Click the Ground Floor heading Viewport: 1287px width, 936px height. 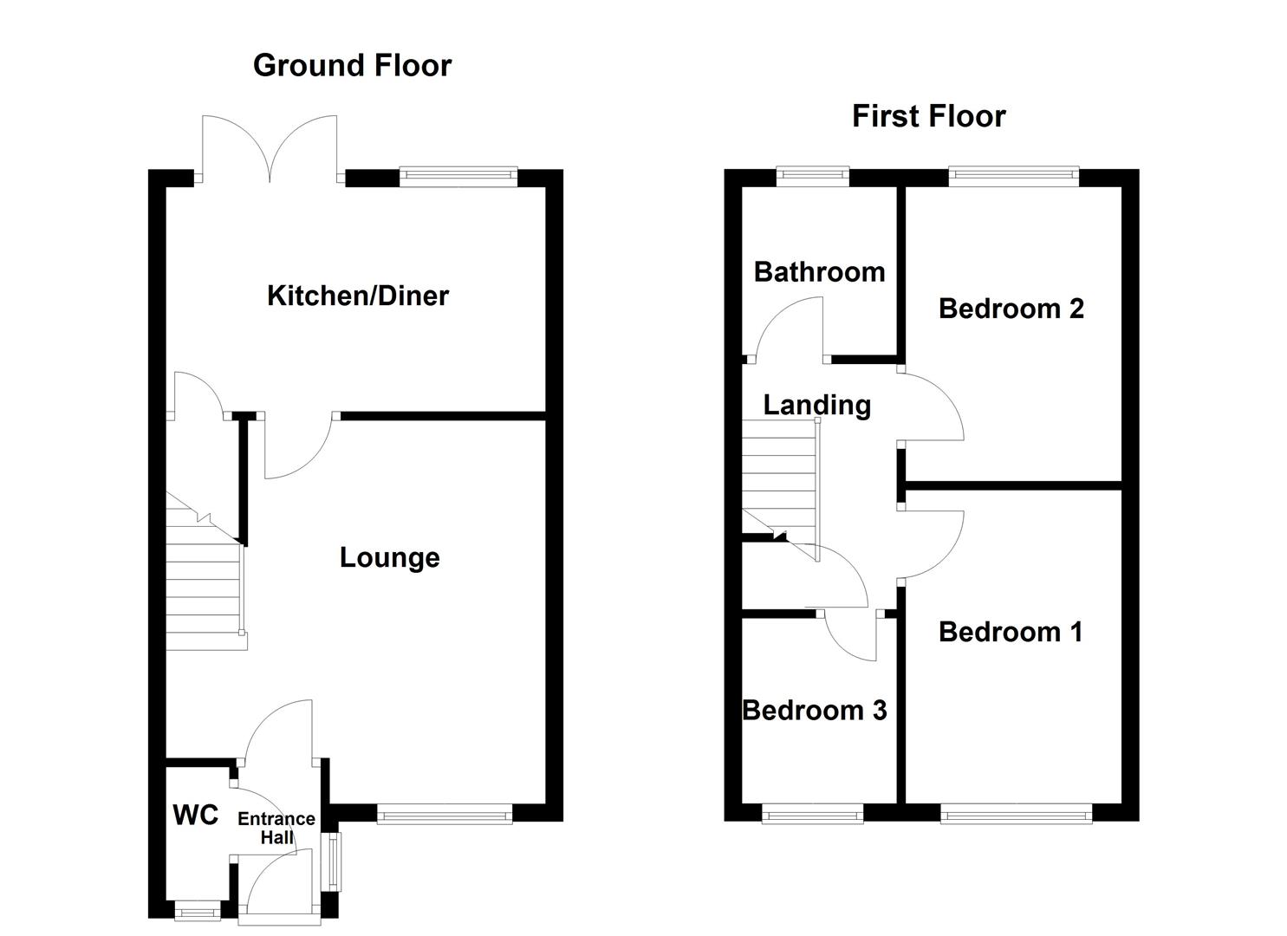352,66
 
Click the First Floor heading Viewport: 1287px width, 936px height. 928,116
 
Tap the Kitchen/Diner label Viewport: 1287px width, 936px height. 358,296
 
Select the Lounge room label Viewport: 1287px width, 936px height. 389,557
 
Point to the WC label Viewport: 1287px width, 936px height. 196,815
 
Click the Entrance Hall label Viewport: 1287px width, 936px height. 276,828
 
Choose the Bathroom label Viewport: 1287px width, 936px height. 819,272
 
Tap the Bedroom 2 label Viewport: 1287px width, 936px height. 1011,309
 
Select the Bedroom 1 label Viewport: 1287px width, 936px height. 1011,632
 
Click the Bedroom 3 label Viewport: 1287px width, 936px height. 815,711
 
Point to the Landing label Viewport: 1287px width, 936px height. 816,405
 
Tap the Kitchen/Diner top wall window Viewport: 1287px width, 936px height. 458,177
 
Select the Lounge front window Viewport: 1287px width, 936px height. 445,814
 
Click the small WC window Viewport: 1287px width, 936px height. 197,911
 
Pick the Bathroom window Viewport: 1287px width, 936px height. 812,177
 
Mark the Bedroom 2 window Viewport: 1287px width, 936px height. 1013,177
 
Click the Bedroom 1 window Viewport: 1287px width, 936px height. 1015,813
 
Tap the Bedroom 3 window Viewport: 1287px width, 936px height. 812,813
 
